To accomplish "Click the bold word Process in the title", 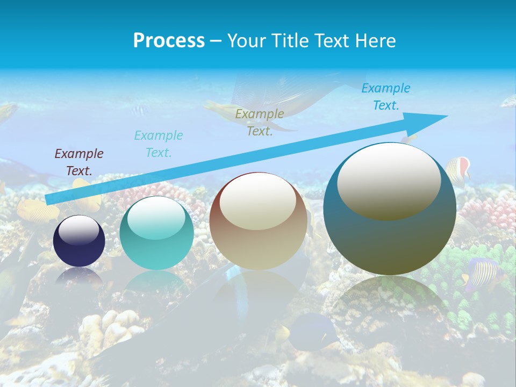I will coord(169,40).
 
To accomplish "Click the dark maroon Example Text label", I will coord(79,162).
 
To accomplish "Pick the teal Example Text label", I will coord(159,144).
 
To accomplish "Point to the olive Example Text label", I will coord(260,123).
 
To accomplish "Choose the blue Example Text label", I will coord(386,97).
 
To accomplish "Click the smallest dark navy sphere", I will coord(79,241).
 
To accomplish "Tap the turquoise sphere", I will coord(156,233).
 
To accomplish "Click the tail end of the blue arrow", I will coord(49,200).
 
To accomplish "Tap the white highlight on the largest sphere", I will coord(389,180).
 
